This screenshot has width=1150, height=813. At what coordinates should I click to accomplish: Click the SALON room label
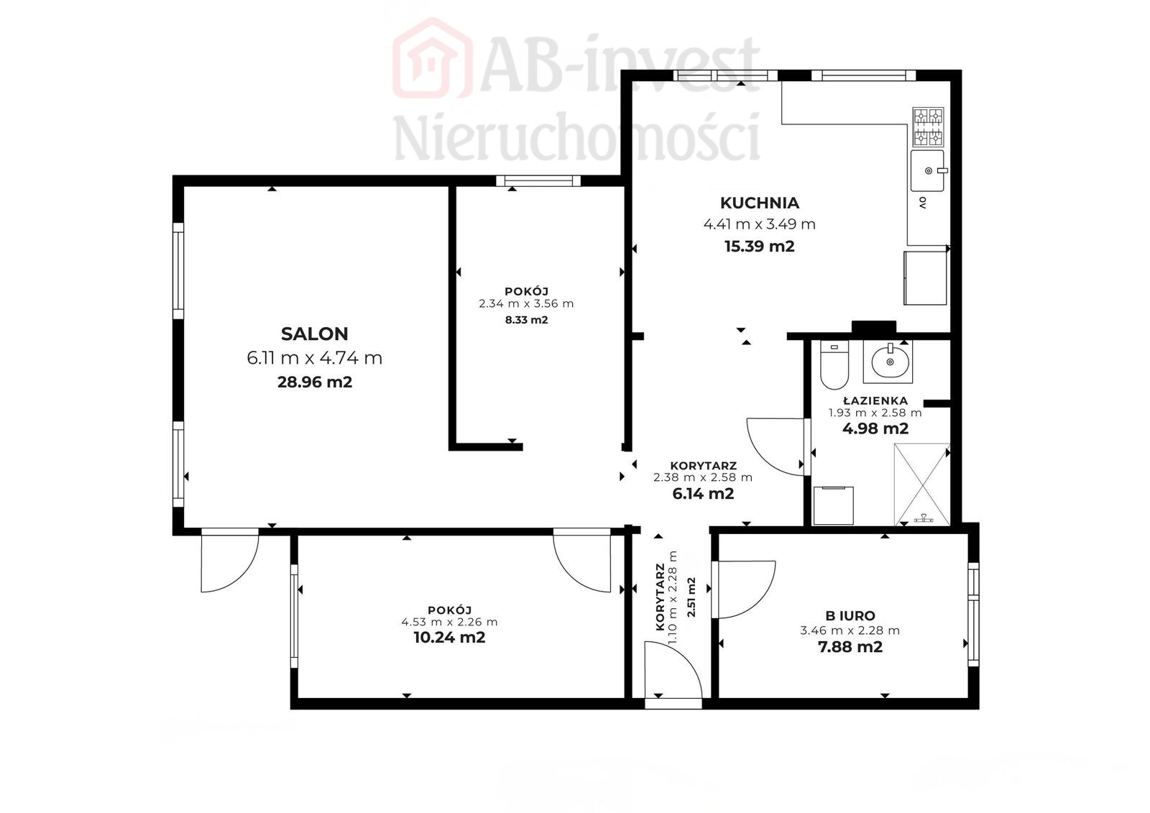pyautogui.click(x=314, y=334)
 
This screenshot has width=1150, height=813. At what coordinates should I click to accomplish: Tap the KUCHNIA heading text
pyautogui.click(x=759, y=203)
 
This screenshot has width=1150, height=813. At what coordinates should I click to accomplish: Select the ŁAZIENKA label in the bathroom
pyautogui.click(x=875, y=400)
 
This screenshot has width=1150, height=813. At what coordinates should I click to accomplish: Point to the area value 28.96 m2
pyautogui.click(x=315, y=382)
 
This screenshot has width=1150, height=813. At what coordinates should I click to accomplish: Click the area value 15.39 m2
pyautogui.click(x=759, y=247)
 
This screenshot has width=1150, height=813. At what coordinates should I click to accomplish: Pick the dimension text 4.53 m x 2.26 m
pyautogui.click(x=449, y=622)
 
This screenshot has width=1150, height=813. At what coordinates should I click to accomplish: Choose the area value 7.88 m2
pyautogui.click(x=850, y=647)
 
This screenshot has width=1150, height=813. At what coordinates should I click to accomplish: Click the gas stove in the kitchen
pyautogui.click(x=928, y=127)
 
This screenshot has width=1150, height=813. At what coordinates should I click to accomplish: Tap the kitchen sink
pyautogui.click(x=928, y=170)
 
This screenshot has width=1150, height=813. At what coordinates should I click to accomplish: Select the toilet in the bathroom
pyautogui.click(x=834, y=365)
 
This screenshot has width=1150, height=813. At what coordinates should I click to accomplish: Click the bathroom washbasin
pyautogui.click(x=888, y=362)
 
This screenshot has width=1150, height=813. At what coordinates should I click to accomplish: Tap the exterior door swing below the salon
pyautogui.click(x=241, y=575)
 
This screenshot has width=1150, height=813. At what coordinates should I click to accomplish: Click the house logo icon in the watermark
pyautogui.click(x=432, y=58)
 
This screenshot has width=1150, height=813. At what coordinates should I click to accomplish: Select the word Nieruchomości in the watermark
pyautogui.click(x=576, y=137)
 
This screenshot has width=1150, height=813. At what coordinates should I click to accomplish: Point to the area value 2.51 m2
pyautogui.click(x=691, y=597)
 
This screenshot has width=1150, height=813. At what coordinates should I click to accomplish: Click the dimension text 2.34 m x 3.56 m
pyautogui.click(x=526, y=303)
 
